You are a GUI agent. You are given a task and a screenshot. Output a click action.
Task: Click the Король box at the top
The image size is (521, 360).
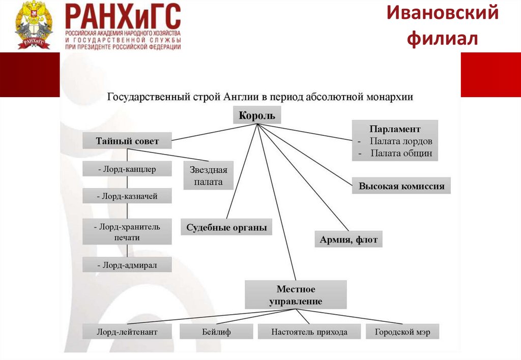[257, 115]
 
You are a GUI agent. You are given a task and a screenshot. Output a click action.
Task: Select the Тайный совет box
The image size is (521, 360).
[127, 141]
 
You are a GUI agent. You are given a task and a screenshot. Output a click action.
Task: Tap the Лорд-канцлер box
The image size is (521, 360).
[127, 169]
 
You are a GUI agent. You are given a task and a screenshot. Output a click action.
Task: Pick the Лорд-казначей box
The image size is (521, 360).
[127, 196]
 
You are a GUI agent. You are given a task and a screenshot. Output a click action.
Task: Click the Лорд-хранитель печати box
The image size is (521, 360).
[127, 232]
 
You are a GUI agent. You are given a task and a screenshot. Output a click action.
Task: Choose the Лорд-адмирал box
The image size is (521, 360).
[127, 264]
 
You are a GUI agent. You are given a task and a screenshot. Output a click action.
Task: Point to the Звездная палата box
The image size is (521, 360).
[208, 175]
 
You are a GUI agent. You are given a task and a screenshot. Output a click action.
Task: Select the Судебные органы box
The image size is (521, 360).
[226, 227]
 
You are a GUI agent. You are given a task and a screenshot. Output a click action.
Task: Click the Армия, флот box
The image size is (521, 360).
[349, 239]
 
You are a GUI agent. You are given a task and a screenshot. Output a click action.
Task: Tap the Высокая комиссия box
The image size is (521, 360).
[401, 186]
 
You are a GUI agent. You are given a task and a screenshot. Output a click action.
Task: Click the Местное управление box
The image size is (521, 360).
[296, 295]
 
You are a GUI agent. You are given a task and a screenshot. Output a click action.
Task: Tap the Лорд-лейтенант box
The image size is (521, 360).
[127, 332]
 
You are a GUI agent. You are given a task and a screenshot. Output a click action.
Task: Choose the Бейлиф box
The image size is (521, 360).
[216, 332]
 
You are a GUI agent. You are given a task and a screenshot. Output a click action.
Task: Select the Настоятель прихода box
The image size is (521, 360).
[309, 332]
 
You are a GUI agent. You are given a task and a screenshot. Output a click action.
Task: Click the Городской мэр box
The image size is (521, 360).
[402, 332]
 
